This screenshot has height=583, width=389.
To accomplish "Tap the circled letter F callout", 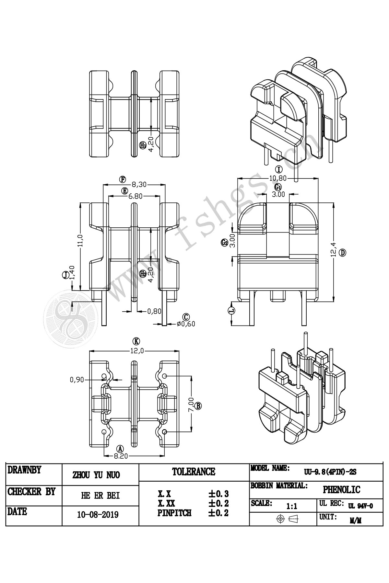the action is pos(122,179).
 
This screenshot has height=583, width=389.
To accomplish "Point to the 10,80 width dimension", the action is pos(278,178).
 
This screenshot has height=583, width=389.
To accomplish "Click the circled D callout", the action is pos(343,253).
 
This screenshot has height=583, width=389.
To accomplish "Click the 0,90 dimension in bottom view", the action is pos(77,379).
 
